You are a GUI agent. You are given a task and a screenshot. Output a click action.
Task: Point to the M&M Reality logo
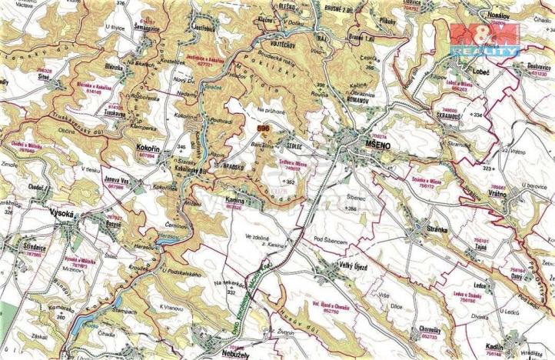[484, 38]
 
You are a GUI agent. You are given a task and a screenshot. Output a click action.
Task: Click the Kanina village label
[234, 199]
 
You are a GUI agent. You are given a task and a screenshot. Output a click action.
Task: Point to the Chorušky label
[425, 328]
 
